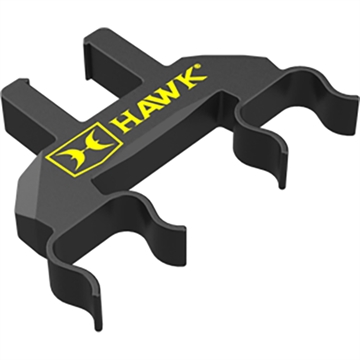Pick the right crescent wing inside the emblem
point(82,152)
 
